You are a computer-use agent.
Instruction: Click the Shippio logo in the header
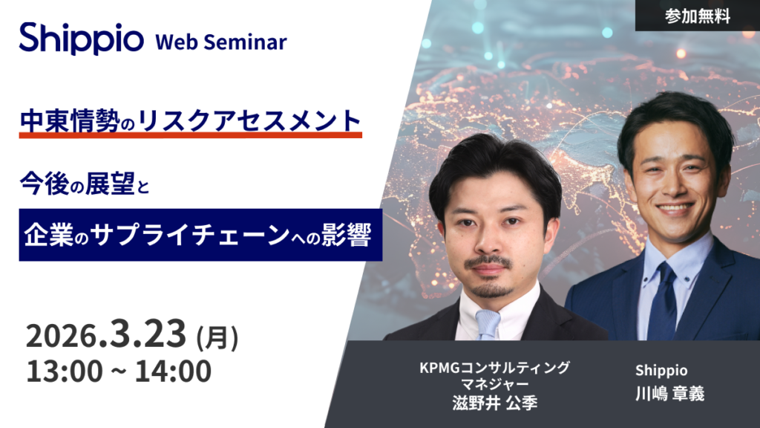tap(82, 39)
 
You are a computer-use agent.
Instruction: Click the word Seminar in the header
tap(245, 42)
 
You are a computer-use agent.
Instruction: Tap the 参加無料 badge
tap(698, 16)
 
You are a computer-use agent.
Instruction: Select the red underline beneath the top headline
tap(191, 135)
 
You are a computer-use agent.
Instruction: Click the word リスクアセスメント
tap(249, 121)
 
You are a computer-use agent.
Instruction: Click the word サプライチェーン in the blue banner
tap(190, 235)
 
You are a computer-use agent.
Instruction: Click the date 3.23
tap(148, 333)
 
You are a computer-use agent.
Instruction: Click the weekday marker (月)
tap(217, 337)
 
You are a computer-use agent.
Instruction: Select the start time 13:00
tap(65, 372)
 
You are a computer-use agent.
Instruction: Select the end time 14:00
tap(173, 372)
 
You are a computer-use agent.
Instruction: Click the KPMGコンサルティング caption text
tap(494, 368)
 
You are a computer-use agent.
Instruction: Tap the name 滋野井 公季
tap(495, 403)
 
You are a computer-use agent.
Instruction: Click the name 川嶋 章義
tap(670, 394)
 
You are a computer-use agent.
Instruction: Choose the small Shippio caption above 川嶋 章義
tap(661, 371)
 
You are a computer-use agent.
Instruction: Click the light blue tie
tap(487, 324)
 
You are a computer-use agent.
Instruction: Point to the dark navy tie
tap(662, 301)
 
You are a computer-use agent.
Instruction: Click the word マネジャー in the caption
tap(494, 384)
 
